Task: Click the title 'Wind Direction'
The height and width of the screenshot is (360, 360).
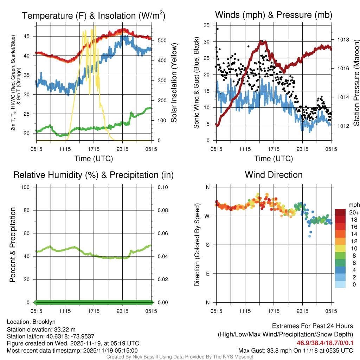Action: click(x=274, y=175)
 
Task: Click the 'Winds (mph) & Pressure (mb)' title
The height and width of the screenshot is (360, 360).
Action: click(x=274, y=15)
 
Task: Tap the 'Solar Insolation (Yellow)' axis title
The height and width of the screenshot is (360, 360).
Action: click(x=174, y=83)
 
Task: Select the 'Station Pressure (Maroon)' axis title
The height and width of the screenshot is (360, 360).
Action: click(x=356, y=83)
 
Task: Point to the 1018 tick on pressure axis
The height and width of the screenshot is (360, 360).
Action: click(x=343, y=40)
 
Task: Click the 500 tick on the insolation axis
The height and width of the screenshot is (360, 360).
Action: click(x=161, y=40)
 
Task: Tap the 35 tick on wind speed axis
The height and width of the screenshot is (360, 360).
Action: click(x=207, y=25)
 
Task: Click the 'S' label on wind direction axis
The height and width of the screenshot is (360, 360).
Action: click(x=208, y=245)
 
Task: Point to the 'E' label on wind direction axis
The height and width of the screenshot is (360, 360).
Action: click(x=208, y=274)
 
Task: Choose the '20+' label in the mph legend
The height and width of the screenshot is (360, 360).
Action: click(x=354, y=213)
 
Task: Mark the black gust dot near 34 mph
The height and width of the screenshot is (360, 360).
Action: click(x=217, y=29)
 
